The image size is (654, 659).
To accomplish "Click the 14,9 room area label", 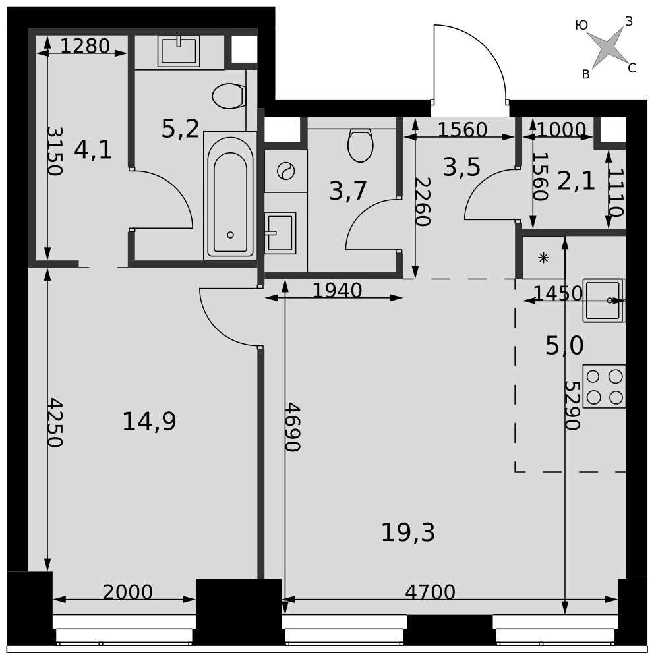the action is point(149,422).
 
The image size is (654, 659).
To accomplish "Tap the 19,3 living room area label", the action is point(407,532).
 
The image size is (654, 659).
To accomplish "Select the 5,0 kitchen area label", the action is point(564,346).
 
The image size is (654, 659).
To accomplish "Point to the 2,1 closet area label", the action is point(576,182).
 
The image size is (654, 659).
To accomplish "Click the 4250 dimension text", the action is point(55,422).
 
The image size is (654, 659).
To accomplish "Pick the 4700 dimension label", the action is point(430,592).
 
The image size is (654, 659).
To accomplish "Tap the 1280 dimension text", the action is point(85,46).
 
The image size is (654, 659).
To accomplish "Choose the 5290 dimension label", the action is point(572,405).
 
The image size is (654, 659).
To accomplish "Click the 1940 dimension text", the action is point(337,291).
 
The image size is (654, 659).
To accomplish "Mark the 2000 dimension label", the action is point(127,592).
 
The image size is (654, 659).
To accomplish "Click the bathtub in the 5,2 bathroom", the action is point(230,196).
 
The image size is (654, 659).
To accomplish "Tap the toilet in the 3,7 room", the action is point(361,144).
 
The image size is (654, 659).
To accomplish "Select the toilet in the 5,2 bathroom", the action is point(229,96).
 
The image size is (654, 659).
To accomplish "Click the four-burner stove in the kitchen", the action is point(605,386).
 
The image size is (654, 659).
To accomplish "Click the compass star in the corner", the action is point(607,46).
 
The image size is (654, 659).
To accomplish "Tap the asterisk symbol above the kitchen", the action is point(543,258).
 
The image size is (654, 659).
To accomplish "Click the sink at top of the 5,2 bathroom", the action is point(179,51).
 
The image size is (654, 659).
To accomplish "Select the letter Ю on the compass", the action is point(581,26).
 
